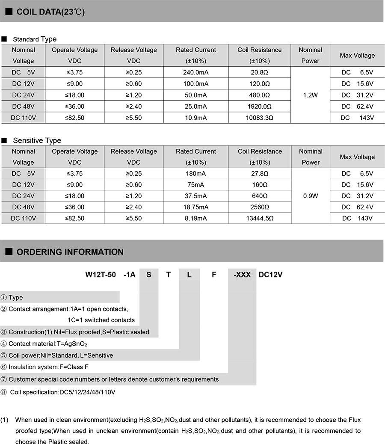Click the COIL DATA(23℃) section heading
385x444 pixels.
pyautogui.click(x=50, y=12)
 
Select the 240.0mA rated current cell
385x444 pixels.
pyautogui.click(x=196, y=72)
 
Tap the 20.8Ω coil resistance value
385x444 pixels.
pyautogui.click(x=260, y=72)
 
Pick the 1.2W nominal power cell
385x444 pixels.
pyautogui.click(x=310, y=95)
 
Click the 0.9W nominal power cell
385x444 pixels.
pyautogui.click(x=311, y=196)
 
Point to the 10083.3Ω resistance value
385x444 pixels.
pyautogui.click(x=260, y=118)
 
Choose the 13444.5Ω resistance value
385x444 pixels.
pyautogui.click(x=260, y=218)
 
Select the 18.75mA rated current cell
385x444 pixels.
pyautogui.click(x=196, y=207)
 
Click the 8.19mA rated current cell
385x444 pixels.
pyautogui.click(x=196, y=218)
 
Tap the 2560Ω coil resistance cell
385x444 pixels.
pyautogui.click(x=260, y=207)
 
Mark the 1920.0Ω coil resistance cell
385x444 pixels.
pyautogui.click(x=260, y=107)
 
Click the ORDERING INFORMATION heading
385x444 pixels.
pyautogui.click(x=70, y=252)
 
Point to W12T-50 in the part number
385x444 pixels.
pyautogui.click(x=101, y=275)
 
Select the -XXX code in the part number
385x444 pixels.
pyautogui.click(x=242, y=275)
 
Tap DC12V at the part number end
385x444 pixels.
pyautogui.click(x=271, y=275)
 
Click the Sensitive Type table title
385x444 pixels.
pyautogui.click(x=37, y=140)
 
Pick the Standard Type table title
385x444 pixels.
pyautogui.click(x=35, y=39)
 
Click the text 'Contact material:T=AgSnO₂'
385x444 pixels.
pyautogui.click(x=48, y=343)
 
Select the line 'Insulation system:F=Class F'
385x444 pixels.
pyautogui.click(x=48, y=367)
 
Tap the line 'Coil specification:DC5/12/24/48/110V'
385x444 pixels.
pyautogui.click(x=62, y=392)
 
